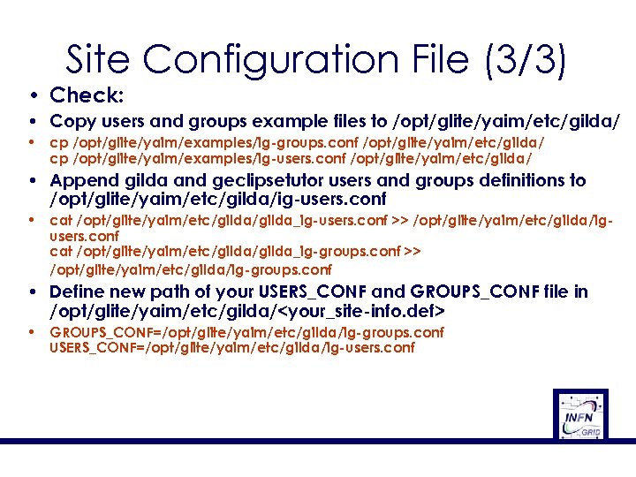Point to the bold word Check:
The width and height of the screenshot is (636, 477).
[87, 95]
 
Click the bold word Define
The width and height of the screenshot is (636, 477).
[79, 292]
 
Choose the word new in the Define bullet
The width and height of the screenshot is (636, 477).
[131, 292]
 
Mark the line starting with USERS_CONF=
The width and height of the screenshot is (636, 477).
[232, 348]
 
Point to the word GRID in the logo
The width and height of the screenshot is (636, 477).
[591, 431]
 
